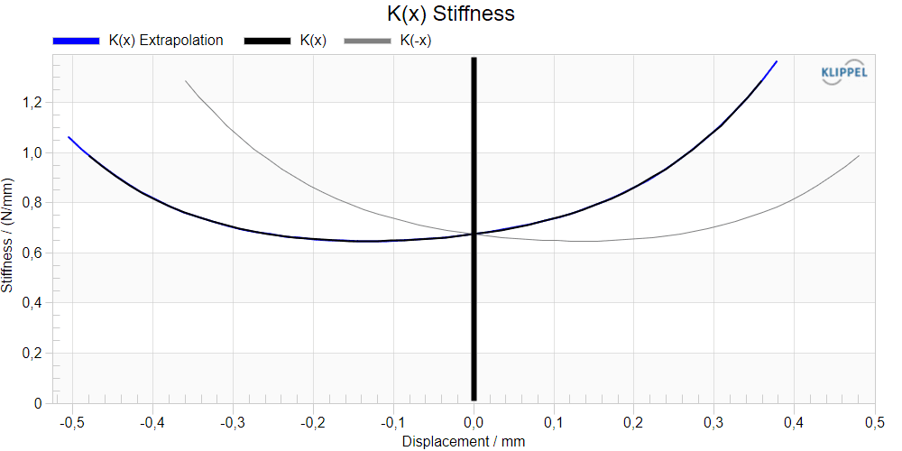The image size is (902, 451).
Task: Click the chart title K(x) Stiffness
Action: click(450, 14)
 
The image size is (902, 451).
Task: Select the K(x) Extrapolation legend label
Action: click(166, 41)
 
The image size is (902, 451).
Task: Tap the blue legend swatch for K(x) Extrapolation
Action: click(77, 41)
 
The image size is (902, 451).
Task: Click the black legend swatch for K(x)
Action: click(268, 41)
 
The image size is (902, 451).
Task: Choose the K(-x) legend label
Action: click(415, 41)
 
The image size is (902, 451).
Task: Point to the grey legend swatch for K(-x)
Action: click(368, 41)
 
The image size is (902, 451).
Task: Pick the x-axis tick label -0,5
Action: click(73, 425)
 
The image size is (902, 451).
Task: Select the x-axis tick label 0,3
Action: click(714, 425)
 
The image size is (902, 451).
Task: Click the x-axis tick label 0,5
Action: click(874, 425)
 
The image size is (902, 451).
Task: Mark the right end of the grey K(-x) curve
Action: click(859, 155)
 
